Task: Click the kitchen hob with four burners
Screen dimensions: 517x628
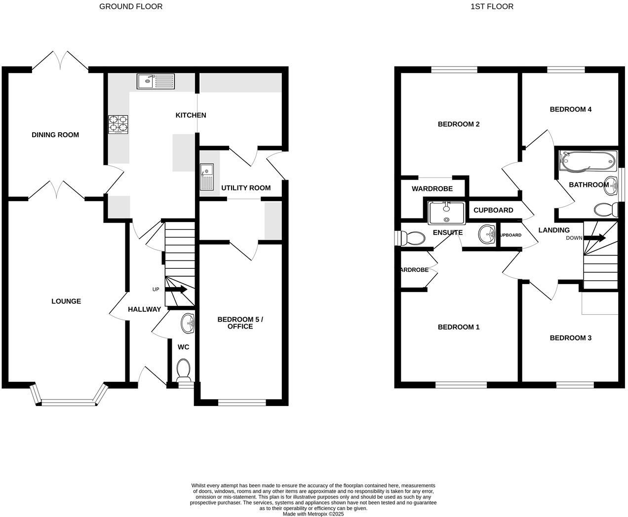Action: click(x=118, y=124)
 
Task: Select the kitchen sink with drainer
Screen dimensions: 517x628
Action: click(x=156, y=81)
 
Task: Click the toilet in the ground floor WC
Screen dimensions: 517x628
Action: click(x=184, y=368)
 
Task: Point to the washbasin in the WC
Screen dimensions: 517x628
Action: click(x=188, y=324)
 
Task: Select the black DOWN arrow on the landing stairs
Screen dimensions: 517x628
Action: click(x=595, y=238)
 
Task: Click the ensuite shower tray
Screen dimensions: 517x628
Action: click(x=447, y=213)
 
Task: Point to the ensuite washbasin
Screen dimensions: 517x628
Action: click(x=487, y=234)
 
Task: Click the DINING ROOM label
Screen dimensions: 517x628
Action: click(x=55, y=135)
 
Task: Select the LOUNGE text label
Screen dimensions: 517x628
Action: click(x=66, y=301)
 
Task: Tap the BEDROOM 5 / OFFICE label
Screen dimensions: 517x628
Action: click(x=240, y=323)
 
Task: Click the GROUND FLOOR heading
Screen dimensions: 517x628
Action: click(x=131, y=6)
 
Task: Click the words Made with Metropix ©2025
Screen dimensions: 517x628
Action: click(x=313, y=514)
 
